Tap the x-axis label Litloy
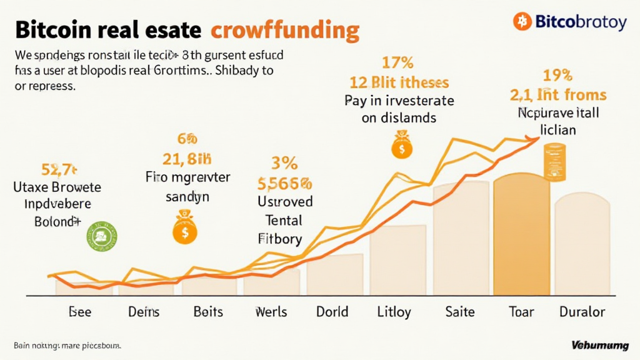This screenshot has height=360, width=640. pos(394,311)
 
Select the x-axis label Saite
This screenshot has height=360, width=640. pos(459,311)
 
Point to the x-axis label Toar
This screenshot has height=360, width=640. pos(521,311)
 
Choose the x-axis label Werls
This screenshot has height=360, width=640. pos(271,311)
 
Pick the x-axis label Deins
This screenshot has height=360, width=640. pos(144,311)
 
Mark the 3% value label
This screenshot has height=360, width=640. pos(284,164)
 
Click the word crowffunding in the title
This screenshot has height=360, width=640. pos(285,29)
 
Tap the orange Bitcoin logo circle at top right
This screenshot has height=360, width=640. pos(522,22)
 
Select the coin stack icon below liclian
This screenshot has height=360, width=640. pos(554,162)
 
